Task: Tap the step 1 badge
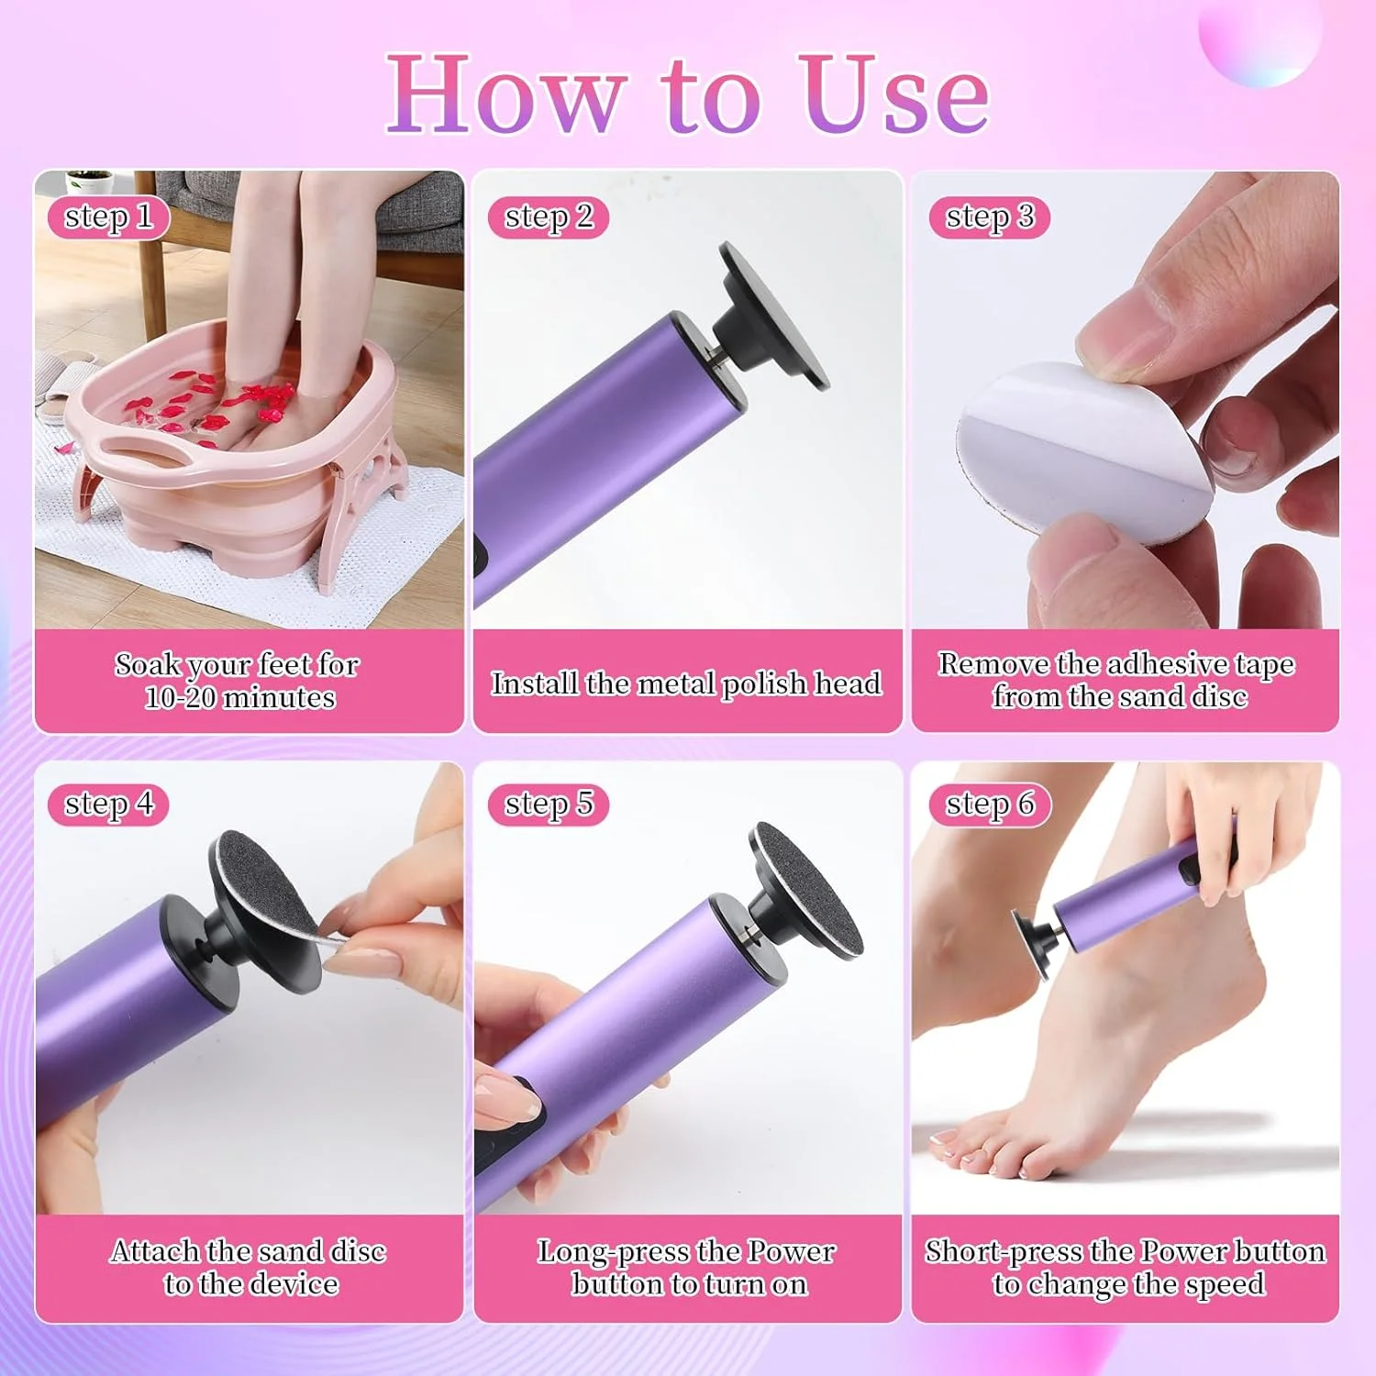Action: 108,217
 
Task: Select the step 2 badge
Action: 549,217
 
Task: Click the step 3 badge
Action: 989,217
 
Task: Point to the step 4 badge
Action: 108,805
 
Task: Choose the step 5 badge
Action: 549,805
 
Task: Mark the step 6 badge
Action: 989,805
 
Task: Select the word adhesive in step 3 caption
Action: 1165,663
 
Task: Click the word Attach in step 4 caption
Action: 156,1251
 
